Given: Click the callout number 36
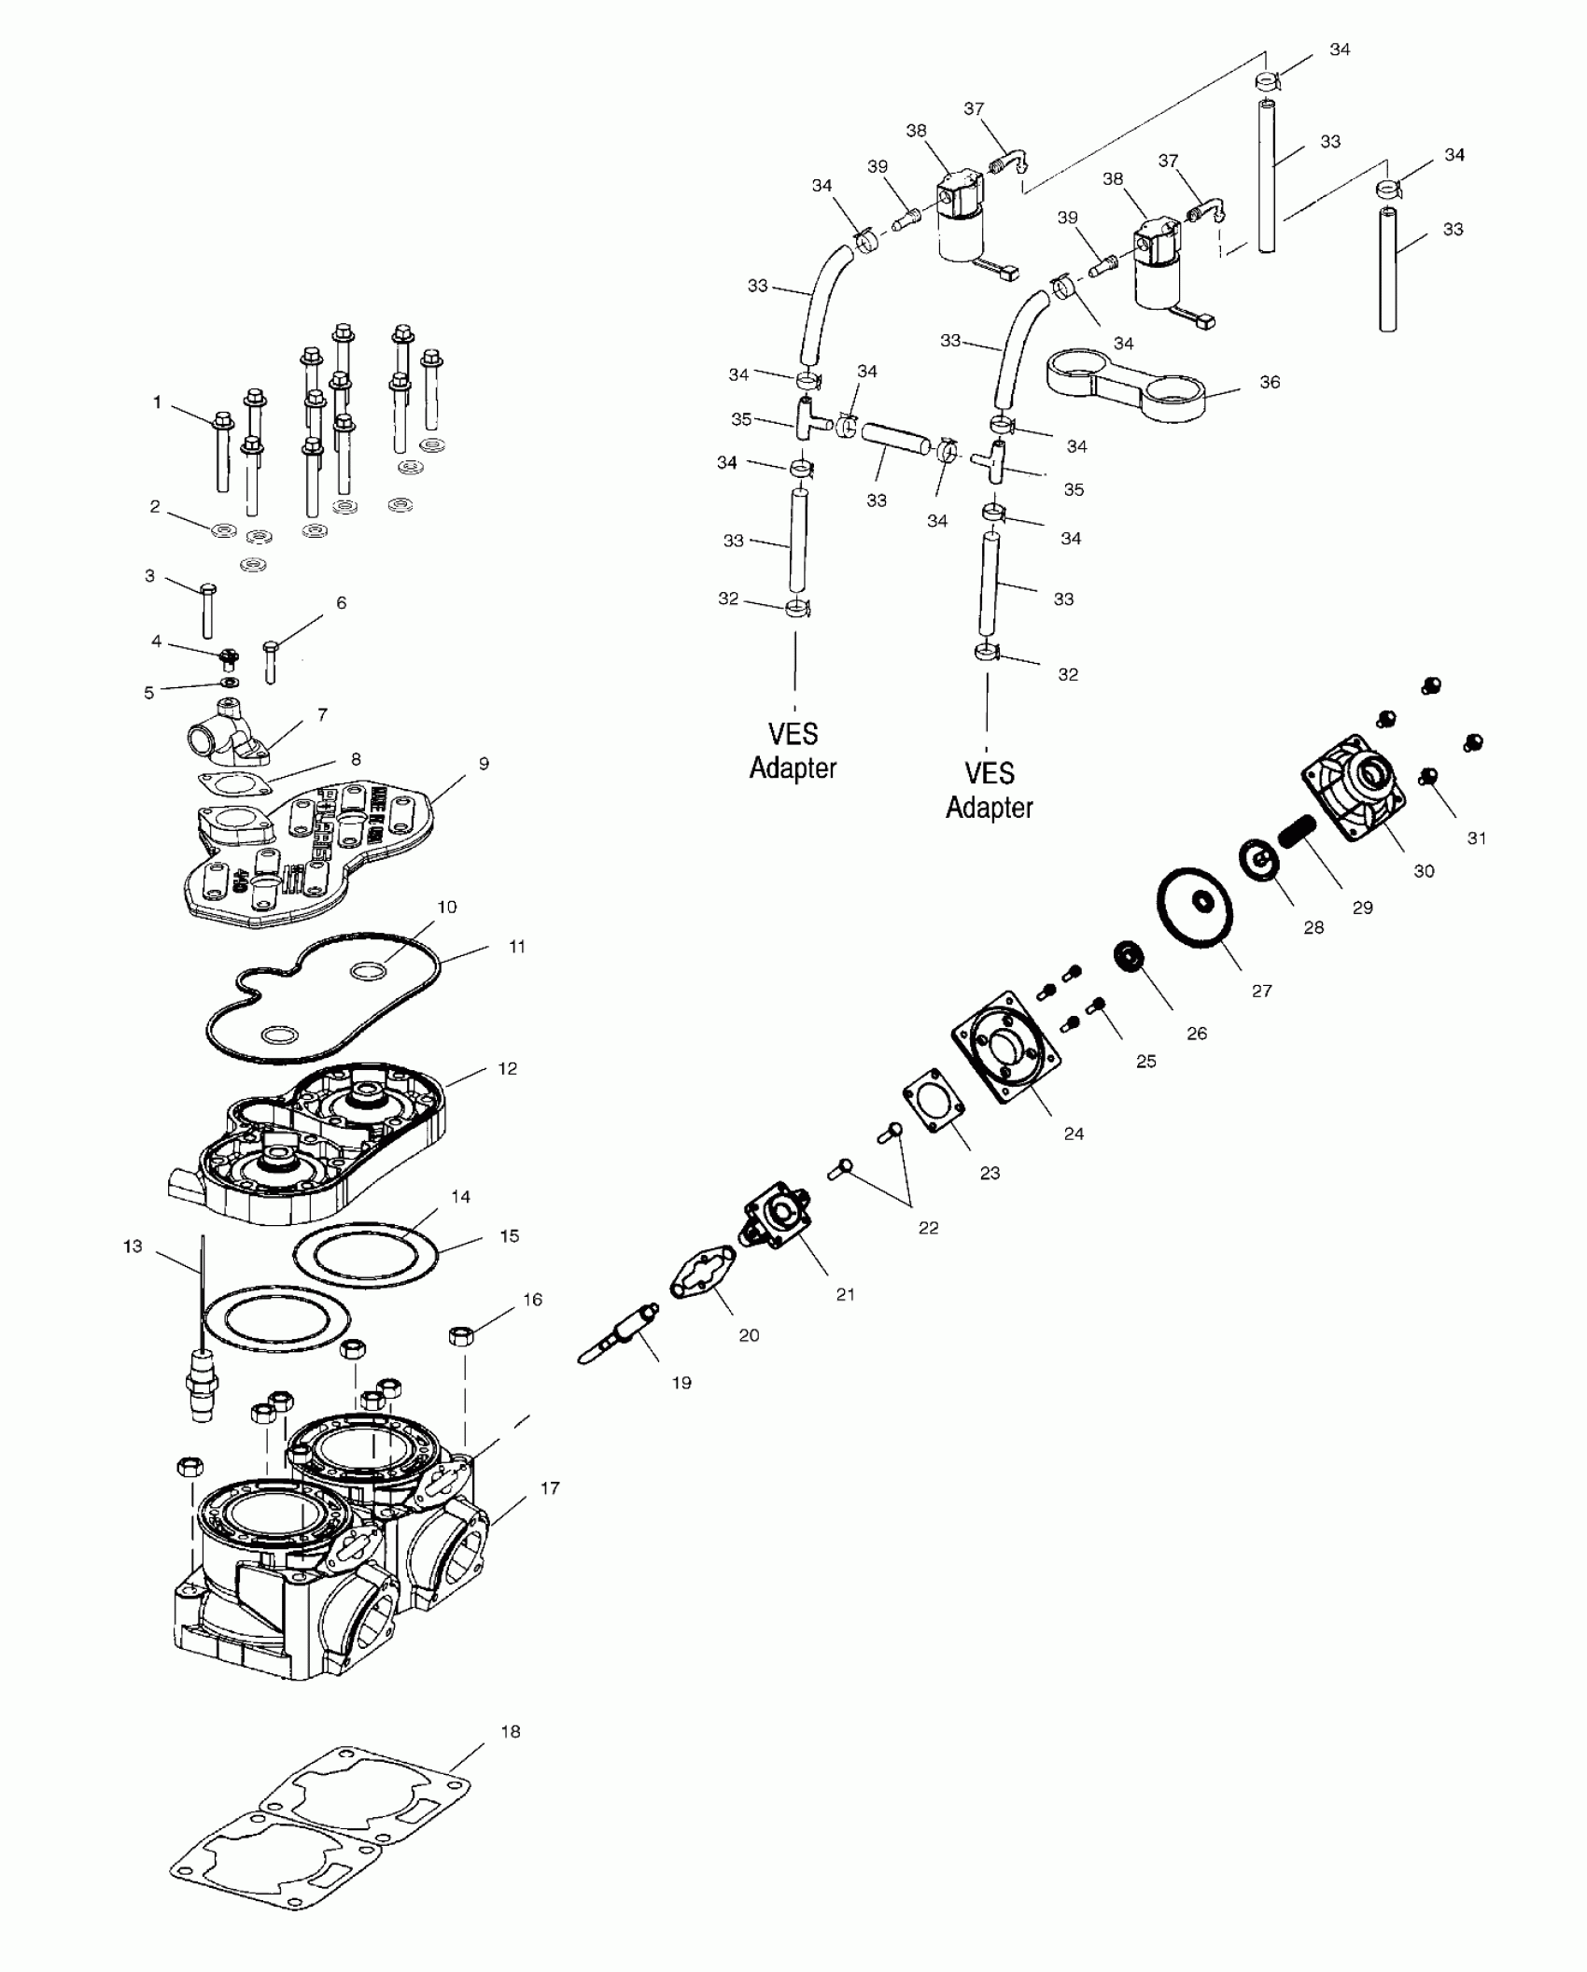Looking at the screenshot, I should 1270,382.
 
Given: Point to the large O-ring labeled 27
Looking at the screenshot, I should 1196,908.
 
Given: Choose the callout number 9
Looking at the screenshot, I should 484,763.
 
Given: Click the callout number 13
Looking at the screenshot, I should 133,1246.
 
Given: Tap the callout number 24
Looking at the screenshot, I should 1074,1133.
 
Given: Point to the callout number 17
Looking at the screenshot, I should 550,1487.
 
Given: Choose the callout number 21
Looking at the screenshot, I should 845,1294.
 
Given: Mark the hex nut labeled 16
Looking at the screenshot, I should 459,1335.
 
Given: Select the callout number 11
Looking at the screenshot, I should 517,946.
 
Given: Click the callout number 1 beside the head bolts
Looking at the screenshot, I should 157,402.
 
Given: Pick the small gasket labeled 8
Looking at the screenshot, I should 233,782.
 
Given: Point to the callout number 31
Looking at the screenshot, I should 1476,838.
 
